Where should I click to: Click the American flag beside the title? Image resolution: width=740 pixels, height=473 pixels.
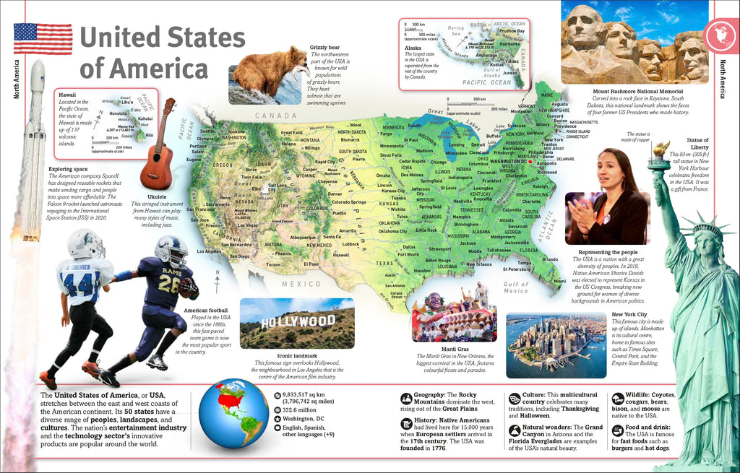coord(43,38)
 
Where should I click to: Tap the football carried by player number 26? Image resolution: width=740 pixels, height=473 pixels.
coord(189,287)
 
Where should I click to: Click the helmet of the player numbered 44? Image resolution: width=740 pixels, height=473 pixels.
coord(86,243)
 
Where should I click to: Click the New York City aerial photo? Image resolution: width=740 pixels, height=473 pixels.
coord(556,345)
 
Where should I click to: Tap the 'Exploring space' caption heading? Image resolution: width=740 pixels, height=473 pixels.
coord(69,170)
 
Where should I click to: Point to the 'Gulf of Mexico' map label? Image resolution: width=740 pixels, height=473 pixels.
coord(516,287)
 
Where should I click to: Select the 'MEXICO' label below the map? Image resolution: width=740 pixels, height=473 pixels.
coord(301,284)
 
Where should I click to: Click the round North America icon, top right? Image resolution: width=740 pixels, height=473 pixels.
coord(718,34)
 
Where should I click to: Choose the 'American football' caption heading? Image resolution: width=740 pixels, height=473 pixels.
coord(207,310)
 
